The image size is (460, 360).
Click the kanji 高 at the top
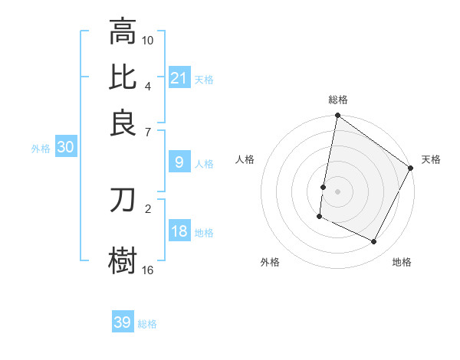[x=123, y=32]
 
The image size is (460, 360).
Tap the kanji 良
[x=123, y=123]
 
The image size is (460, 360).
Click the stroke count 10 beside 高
[x=148, y=40]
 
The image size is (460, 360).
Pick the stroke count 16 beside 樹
[x=148, y=270]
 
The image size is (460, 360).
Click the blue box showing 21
[x=179, y=78]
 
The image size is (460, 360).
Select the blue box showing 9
[x=179, y=162]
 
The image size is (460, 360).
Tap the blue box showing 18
[x=179, y=232]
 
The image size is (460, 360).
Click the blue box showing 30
[x=65, y=149]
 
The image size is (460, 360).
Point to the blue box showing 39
[x=122, y=322]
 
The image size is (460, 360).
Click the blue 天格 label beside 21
[x=204, y=80]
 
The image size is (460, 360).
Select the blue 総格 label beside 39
[x=147, y=324]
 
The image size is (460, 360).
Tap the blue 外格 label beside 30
[x=40, y=149]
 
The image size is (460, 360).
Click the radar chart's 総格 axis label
[x=338, y=100]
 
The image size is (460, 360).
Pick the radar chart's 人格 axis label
[x=245, y=159]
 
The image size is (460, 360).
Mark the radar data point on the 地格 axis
[x=374, y=242]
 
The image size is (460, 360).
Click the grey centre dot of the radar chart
[x=337, y=191]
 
